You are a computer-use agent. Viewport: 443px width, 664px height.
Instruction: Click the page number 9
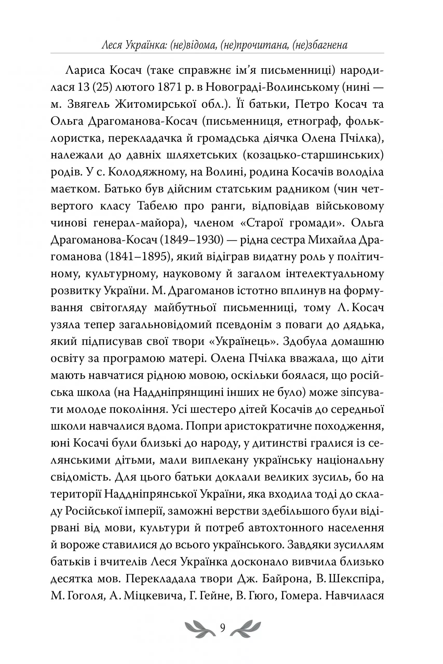click(223, 628)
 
